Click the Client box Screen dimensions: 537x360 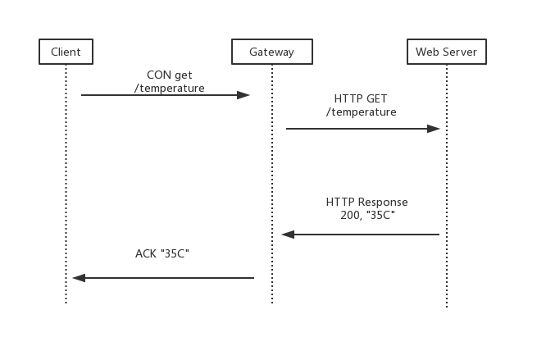tap(66, 52)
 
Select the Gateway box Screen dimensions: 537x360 tap(272, 52)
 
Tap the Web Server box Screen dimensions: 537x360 tap(447, 52)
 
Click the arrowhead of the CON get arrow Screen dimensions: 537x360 tap(244, 95)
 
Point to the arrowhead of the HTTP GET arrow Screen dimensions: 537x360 tap(435, 129)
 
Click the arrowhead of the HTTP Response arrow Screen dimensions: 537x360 tap(287, 235)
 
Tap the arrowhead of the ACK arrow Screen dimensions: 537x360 tap(78, 278)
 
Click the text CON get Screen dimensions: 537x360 tap(169, 75)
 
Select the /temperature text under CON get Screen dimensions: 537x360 tap(169, 88)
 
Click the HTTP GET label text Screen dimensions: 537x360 tap(361, 99)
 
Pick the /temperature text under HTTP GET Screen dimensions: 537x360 tap(361, 112)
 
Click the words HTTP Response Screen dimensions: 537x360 tap(366, 202)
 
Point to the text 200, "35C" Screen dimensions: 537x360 tap(366, 215)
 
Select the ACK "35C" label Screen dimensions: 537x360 tap(162, 253)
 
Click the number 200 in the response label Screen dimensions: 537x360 tap(349, 215)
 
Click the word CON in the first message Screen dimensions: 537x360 tap(157, 75)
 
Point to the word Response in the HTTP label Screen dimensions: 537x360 tap(382, 202)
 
